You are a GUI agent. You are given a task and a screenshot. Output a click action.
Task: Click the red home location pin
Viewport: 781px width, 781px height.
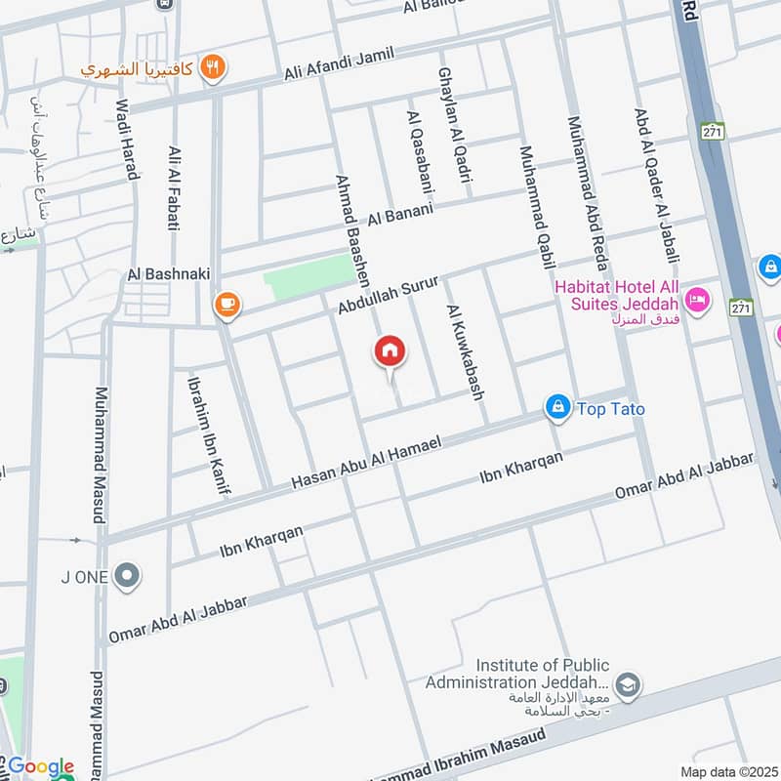click(x=390, y=351)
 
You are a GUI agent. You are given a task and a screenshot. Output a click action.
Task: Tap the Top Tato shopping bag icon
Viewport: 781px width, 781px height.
click(x=557, y=406)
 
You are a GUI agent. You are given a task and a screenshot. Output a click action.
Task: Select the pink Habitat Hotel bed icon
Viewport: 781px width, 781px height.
click(x=697, y=299)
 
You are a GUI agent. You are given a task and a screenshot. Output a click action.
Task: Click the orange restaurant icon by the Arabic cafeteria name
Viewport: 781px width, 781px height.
click(x=214, y=68)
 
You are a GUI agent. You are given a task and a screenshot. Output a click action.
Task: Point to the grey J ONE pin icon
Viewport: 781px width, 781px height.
click(x=126, y=577)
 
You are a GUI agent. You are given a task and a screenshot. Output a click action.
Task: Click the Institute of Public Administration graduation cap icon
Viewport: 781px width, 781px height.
click(x=628, y=685)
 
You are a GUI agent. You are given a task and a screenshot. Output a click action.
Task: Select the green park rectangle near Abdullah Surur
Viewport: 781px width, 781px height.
click(x=309, y=278)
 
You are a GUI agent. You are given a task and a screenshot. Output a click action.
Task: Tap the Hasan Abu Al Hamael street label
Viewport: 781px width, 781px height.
click(x=367, y=464)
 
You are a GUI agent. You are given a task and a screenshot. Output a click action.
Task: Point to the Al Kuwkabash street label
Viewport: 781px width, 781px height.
click(x=465, y=351)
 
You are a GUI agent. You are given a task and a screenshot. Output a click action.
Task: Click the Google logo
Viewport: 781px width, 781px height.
click(x=40, y=766)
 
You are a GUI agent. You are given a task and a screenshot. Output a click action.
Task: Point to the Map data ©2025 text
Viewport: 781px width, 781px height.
click(x=727, y=771)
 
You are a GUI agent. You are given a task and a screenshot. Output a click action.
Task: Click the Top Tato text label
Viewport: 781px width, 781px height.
click(x=611, y=408)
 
